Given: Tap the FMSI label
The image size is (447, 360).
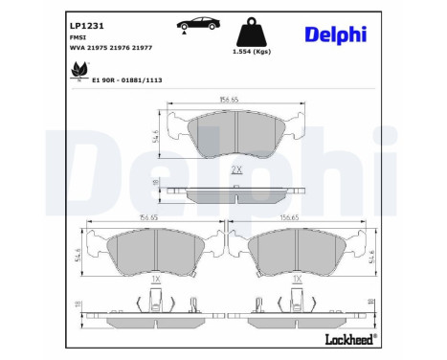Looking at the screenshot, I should tap(77, 33).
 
